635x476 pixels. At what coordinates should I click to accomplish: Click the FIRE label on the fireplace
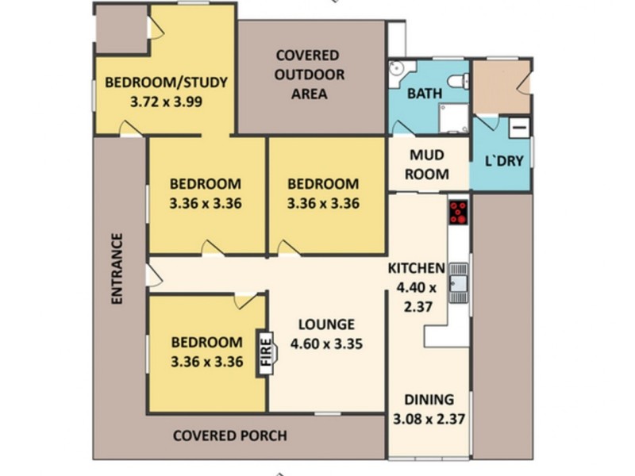266,351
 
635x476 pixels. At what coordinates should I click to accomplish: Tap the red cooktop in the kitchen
458,212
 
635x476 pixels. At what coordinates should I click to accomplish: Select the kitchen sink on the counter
458,283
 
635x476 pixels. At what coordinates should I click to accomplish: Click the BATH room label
424,94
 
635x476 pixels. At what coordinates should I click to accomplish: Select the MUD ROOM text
428,165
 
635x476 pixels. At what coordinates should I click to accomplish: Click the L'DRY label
505,161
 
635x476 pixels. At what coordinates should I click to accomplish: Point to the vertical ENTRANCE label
117,269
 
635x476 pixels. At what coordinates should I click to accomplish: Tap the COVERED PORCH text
230,436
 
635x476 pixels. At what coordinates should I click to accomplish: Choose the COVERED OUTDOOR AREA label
310,75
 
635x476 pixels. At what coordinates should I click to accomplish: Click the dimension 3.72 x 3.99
167,102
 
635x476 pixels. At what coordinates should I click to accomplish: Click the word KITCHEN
417,268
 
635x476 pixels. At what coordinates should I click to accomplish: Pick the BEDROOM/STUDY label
167,82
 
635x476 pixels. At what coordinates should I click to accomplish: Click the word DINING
429,400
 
